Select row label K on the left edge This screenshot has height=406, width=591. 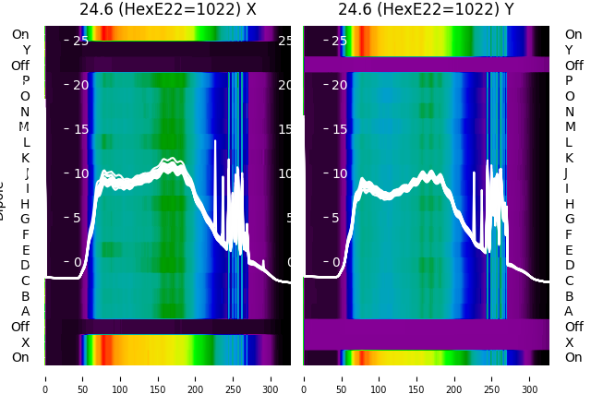[26, 158]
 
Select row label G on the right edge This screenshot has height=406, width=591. [570, 220]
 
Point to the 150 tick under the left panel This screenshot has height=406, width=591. [158, 378]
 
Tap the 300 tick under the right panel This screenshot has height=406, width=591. [530, 378]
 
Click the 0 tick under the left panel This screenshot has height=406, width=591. [45, 378]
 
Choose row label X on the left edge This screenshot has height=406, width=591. [26, 342]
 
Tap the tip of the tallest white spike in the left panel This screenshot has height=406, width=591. [215, 140]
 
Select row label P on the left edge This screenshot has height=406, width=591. [26, 81]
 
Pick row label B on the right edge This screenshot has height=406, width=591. [570, 296]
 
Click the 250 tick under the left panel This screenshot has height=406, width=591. [234, 378]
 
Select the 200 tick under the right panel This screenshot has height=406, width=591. [454, 378]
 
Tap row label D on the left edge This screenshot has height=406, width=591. [26, 266]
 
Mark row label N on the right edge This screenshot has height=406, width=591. [570, 112]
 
